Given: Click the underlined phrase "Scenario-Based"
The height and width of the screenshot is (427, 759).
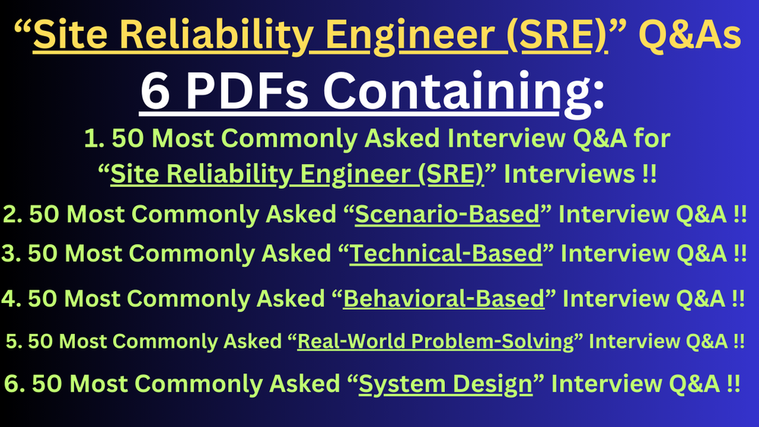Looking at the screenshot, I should coord(447,215).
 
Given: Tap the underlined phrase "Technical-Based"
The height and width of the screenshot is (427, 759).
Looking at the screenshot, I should coord(446,254).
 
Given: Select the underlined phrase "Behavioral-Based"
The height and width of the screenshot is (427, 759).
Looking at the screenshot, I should coord(443,299).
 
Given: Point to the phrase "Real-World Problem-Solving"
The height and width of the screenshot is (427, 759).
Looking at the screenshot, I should coord(436,341).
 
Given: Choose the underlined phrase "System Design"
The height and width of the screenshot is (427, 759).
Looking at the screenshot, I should coord(446,384).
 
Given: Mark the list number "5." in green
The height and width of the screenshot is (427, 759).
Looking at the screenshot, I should coord(13,341).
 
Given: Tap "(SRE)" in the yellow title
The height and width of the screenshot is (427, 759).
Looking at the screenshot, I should coord(561,36).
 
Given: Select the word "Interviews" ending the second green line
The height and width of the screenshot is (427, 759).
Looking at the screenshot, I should coord(570,175).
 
